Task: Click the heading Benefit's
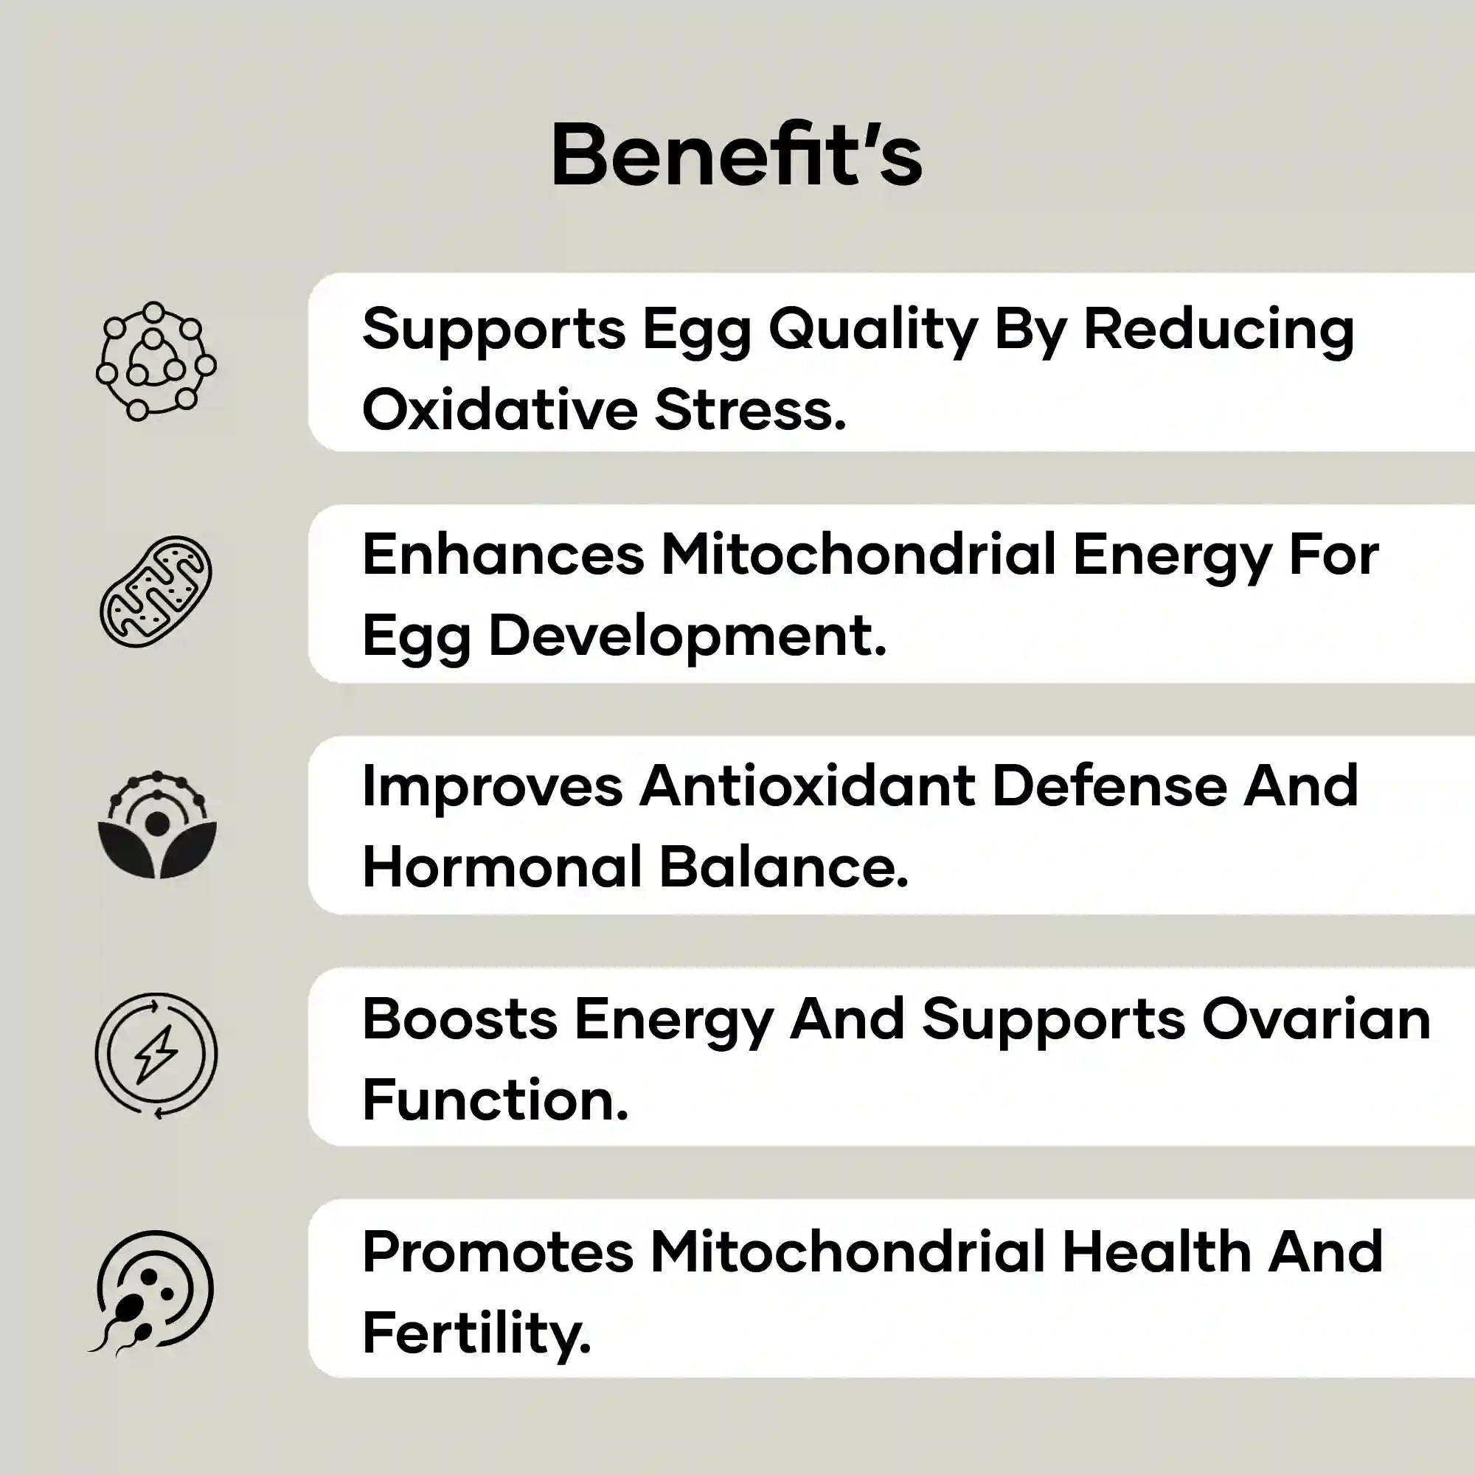point(737,156)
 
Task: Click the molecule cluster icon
point(156,361)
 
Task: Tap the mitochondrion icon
point(156,591)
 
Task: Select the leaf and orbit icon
point(157,825)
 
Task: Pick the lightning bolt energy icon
point(156,1055)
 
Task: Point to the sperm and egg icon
point(153,1288)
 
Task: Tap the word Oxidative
point(499,410)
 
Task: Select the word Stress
point(751,410)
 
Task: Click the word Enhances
point(503,555)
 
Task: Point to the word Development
point(687,636)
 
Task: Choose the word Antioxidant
point(808,786)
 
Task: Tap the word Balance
point(784,868)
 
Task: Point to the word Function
point(495,1100)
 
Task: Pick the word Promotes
point(498,1252)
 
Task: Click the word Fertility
point(476,1333)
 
